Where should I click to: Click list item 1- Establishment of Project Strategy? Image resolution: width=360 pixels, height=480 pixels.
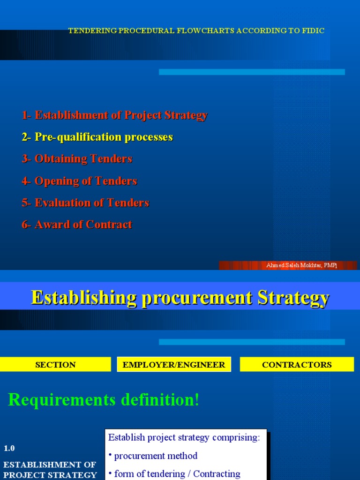pos(114,115)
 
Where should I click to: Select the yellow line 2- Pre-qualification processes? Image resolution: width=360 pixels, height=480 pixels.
pos(97,137)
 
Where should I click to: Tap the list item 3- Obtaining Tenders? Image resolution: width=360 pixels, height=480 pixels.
pos(77,159)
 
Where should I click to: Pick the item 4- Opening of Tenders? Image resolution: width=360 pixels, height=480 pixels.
pos(79,181)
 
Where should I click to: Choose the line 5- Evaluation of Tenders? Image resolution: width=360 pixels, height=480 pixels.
pos(85,203)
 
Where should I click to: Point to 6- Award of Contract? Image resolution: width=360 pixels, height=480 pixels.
pos(77,225)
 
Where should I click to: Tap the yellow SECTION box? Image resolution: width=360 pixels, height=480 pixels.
pos(55,365)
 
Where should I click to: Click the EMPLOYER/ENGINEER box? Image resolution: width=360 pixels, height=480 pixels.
pos(174,365)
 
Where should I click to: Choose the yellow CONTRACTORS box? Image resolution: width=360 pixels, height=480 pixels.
pos(297,365)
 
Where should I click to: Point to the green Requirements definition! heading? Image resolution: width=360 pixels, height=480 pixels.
pos(104,400)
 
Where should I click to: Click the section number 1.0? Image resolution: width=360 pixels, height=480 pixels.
pos(9,448)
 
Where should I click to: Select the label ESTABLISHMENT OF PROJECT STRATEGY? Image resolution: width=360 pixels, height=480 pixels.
pos(50,470)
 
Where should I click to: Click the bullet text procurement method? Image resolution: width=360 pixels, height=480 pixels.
pos(156,456)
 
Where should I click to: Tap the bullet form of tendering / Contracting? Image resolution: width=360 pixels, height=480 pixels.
pos(177,474)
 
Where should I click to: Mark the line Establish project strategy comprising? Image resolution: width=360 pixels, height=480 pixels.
pos(184,438)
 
